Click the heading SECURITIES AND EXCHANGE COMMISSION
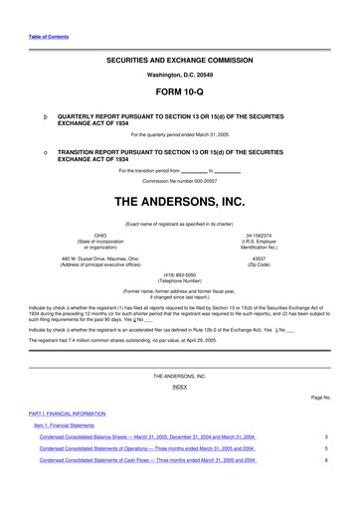(x=179, y=60)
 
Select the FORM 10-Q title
(x=179, y=89)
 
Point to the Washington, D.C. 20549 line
(x=179, y=75)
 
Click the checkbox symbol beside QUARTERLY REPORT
(x=34, y=114)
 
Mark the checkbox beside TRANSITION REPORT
(x=34, y=151)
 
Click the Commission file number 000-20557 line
(x=179, y=182)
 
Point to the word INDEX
(x=179, y=387)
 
